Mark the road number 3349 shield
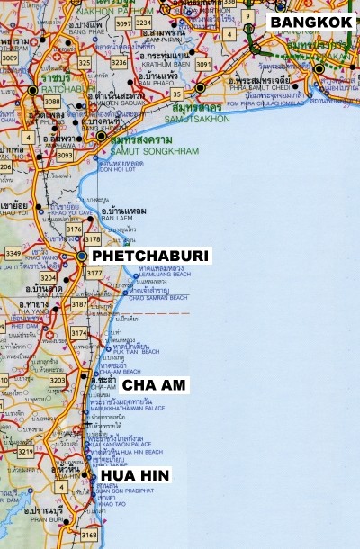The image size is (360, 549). point(13,254)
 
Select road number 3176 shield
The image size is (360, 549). point(73,230)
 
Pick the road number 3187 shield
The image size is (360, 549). point(79,305)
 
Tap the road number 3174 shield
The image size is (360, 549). point(79,334)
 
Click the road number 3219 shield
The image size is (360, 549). point(25,452)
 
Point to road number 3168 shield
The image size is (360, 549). point(88,535)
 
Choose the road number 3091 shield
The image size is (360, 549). point(203,65)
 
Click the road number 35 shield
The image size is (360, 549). point(177,94)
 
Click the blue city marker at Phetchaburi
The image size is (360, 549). point(82,256)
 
